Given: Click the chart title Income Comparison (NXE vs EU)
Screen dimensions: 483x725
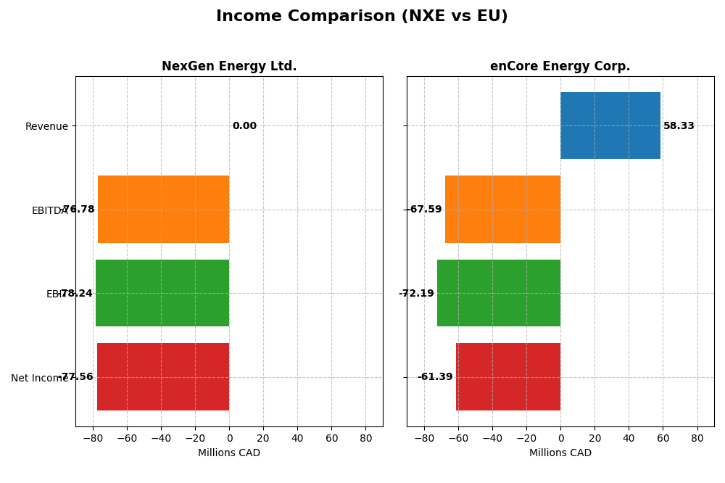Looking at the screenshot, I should point(362,17).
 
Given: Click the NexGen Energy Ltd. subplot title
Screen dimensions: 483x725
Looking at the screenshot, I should point(229,67).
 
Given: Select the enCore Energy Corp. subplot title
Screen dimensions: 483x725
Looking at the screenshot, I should point(560,67).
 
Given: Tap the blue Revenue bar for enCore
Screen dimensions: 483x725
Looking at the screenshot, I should point(610,125).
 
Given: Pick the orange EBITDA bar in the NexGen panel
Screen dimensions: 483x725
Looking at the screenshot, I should point(163,210).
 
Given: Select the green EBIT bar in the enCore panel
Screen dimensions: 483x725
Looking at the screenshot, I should point(498,293).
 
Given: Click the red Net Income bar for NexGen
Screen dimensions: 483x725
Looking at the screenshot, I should point(163,377).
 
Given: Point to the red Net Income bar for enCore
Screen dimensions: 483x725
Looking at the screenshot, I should point(507,377).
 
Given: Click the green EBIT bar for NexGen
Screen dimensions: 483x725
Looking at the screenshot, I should point(162,293).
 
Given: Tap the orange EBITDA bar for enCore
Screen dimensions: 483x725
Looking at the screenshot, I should point(502,210).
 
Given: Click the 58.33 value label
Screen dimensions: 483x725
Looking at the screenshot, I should point(679,126).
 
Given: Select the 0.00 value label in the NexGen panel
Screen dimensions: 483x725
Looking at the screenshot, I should point(244,126).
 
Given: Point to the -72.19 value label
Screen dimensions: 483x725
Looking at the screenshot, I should point(416,294).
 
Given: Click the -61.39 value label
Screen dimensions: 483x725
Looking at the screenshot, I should point(435,377).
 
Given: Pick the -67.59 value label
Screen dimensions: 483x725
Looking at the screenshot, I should point(424,210).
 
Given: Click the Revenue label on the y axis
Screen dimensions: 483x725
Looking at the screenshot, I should point(46,127).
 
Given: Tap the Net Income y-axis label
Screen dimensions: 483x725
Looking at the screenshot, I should point(39,378).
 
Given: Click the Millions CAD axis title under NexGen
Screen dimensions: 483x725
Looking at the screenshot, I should point(229,453).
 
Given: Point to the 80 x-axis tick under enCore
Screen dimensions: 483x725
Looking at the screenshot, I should point(697,439).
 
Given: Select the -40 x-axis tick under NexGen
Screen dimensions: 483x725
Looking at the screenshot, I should point(161,439).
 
